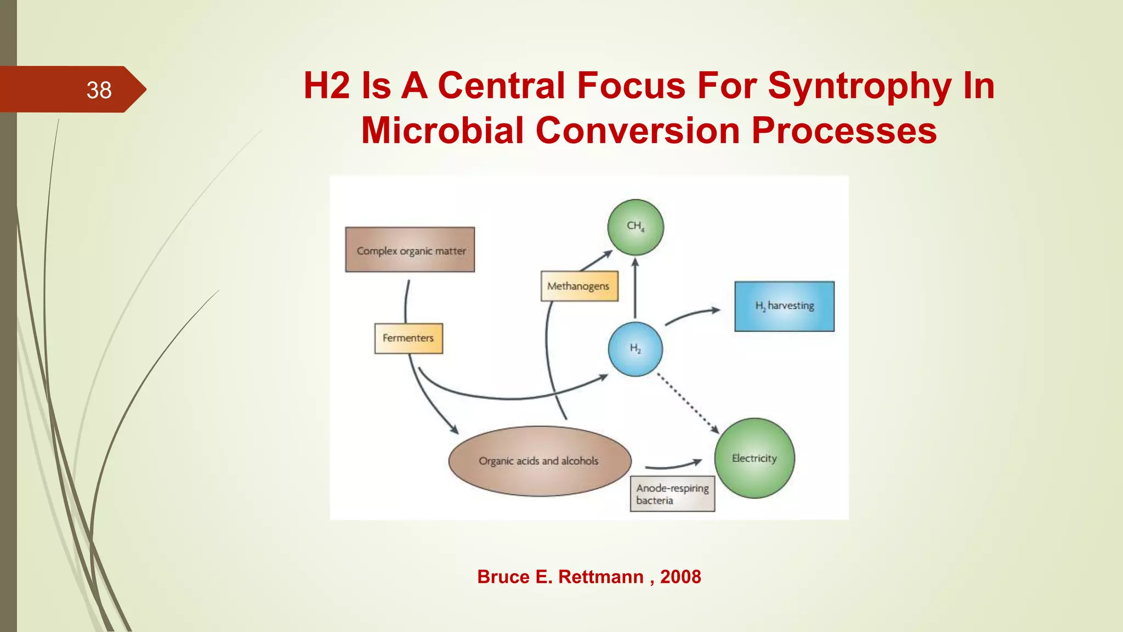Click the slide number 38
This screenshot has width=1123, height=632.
tap(99, 90)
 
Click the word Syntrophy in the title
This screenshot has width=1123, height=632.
tap(859, 86)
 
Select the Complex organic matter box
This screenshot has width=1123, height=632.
tap(410, 250)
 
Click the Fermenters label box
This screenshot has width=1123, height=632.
tap(409, 338)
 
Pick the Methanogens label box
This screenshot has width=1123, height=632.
tap(579, 286)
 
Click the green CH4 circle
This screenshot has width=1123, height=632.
tap(636, 227)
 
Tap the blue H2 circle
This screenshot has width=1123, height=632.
tap(635, 349)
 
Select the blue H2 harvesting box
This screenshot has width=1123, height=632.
tap(784, 306)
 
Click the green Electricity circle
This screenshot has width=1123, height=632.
tap(755, 458)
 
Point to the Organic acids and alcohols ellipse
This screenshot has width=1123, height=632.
tap(540, 461)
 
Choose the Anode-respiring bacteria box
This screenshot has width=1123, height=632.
tap(672, 494)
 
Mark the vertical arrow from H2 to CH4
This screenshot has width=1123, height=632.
tap(635, 288)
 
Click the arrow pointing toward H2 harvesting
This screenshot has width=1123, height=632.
tap(692, 314)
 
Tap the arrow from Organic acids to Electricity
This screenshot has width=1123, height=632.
tap(673, 466)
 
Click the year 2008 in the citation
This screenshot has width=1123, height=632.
tap(680, 577)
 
